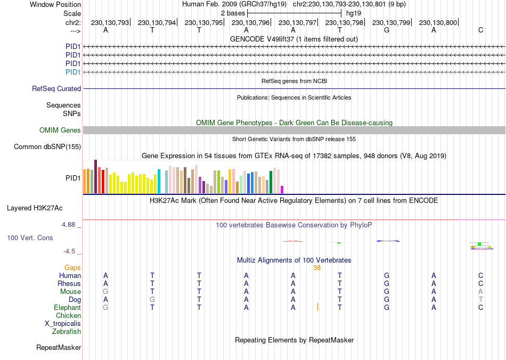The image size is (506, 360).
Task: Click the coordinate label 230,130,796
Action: (x=251, y=22)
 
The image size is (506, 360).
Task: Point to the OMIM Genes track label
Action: (x=60, y=130)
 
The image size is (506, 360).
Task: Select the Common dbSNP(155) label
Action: (x=47, y=147)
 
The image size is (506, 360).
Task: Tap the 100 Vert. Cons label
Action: (x=30, y=238)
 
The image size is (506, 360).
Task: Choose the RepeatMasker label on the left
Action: (x=59, y=348)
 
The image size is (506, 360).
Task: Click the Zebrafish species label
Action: (x=67, y=332)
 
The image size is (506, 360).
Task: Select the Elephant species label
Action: (x=67, y=308)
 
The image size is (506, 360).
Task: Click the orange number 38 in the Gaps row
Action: (x=317, y=268)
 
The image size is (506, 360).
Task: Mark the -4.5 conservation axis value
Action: (x=71, y=251)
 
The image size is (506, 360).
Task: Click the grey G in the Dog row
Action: (x=152, y=300)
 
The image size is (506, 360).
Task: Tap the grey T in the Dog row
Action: (x=480, y=300)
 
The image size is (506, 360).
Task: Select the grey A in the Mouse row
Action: (x=480, y=292)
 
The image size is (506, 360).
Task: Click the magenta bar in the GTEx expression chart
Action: (x=282, y=189)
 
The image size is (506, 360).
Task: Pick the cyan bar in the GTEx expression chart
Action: (x=159, y=182)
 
